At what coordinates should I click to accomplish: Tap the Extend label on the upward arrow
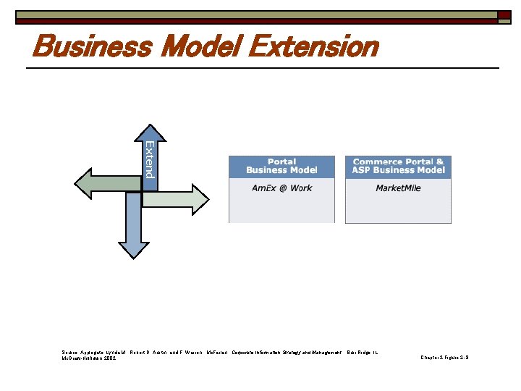149,160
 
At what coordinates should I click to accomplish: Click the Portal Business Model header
281,167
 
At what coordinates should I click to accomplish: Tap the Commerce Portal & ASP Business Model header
398,167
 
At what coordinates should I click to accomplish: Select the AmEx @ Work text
281,188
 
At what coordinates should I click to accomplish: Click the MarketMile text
398,188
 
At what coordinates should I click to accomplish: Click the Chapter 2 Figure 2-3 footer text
444,357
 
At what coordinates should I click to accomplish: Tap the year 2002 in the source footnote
109,358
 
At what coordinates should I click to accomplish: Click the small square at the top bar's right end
504,14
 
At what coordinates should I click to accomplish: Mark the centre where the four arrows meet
142,191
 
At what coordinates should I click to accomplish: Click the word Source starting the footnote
69,352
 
